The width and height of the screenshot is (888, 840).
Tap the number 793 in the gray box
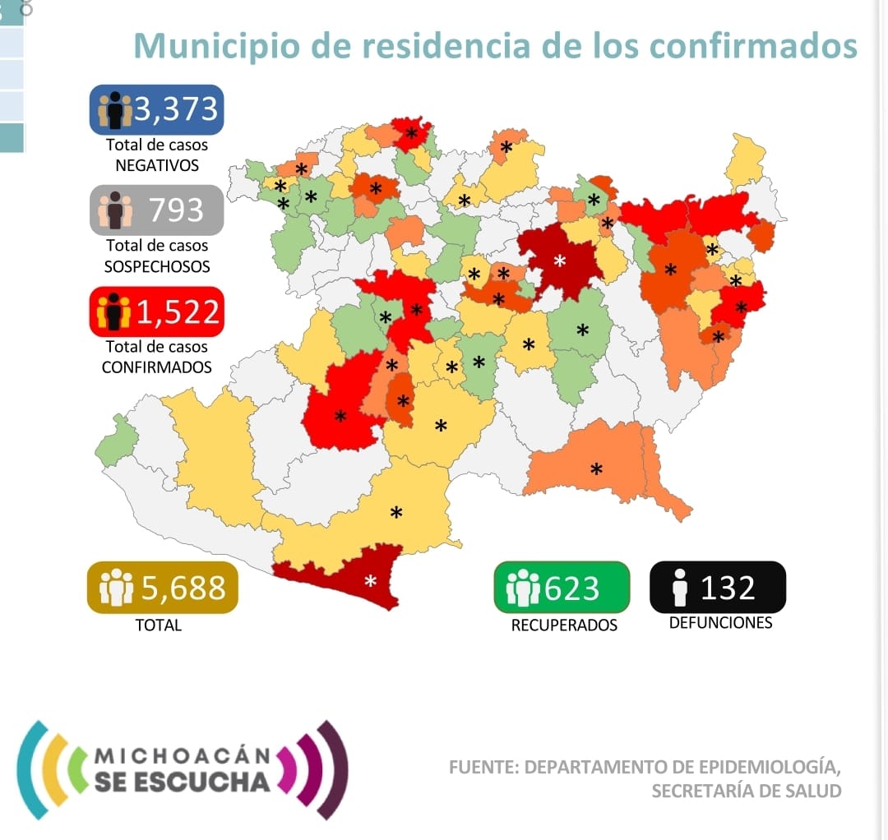click(176, 210)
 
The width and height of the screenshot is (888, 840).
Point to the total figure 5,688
click(183, 588)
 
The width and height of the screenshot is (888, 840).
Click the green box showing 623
click(561, 587)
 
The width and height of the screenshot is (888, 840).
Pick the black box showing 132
click(717, 587)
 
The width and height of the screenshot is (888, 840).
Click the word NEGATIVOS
click(157, 164)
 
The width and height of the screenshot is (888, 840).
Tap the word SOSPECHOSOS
click(157, 265)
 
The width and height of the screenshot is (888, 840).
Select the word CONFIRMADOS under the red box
click(156, 367)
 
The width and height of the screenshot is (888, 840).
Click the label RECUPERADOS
click(564, 625)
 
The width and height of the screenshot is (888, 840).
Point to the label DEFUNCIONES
click(720, 622)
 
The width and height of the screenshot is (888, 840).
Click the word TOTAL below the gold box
click(159, 625)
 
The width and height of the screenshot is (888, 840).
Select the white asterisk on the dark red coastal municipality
click(371, 582)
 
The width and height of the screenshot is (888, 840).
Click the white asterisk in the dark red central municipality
click(560, 261)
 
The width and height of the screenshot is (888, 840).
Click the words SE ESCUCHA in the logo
click(182, 781)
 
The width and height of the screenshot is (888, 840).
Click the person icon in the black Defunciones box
click(679, 588)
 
